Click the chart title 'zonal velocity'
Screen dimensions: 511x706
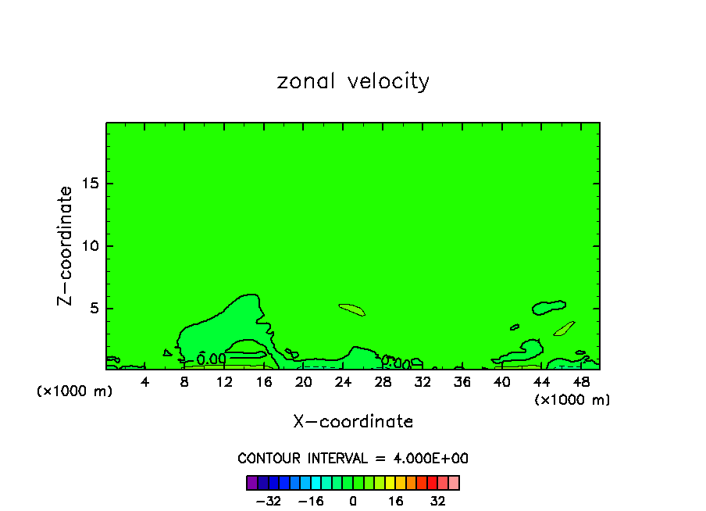[x=353, y=81]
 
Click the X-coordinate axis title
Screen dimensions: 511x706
[x=353, y=422]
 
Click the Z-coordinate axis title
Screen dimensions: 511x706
[x=66, y=245]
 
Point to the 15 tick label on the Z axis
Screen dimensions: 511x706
[x=90, y=184]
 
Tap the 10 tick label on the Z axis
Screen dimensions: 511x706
[x=90, y=246]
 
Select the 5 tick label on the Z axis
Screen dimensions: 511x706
[x=94, y=308]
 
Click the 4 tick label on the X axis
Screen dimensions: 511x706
[x=145, y=382]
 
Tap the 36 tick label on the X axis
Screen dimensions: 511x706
[x=462, y=382]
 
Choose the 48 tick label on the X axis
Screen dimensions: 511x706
[x=580, y=382]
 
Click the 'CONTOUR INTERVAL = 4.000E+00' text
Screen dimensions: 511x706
[x=353, y=459]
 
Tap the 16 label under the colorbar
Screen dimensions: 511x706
[x=396, y=501]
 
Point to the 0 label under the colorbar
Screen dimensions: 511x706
[x=353, y=501]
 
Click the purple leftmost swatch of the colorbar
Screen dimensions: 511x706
[x=252, y=483]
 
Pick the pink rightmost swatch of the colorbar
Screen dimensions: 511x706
[x=454, y=483]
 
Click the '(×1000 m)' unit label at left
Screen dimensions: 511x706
[x=75, y=391]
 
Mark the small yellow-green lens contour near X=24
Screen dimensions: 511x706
[x=351, y=309]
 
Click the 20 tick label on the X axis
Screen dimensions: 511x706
[x=304, y=382]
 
